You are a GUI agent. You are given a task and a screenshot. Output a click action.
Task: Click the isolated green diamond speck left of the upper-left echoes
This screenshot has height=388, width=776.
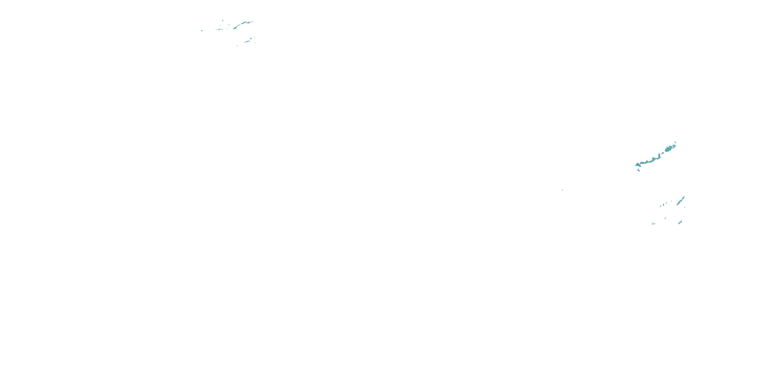click(x=202, y=31)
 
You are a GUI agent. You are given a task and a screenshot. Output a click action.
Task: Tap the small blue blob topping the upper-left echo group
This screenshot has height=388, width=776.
click(x=223, y=20)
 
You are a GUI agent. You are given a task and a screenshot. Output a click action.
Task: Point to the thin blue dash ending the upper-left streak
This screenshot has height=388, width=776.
click(x=251, y=22)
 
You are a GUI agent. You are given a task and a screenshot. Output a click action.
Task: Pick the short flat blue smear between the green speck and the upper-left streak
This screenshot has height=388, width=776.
click(x=219, y=29)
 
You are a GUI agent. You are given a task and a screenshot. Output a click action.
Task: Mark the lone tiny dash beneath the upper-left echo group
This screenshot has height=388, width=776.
click(x=237, y=46)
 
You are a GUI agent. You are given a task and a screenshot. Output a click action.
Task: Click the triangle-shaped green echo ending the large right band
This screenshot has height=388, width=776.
click(x=637, y=165)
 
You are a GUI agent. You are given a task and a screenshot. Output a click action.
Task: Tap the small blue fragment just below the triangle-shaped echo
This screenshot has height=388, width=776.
click(x=639, y=170)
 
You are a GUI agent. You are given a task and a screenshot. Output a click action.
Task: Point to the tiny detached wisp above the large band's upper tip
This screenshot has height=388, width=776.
click(x=675, y=142)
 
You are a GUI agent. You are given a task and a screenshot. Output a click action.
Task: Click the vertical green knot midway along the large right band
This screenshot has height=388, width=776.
click(x=653, y=159)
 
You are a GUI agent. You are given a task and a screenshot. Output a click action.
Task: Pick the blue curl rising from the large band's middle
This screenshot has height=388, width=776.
click(x=659, y=156)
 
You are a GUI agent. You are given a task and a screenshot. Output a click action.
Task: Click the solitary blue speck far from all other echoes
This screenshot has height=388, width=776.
click(x=562, y=190)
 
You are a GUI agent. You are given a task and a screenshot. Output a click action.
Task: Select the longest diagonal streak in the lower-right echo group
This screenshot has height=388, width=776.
click(x=681, y=201)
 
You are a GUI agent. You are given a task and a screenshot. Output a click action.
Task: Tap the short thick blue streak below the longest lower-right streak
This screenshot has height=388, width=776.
click(x=680, y=223)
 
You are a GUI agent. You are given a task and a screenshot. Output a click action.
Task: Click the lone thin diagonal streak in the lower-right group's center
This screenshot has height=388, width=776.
click(x=665, y=218)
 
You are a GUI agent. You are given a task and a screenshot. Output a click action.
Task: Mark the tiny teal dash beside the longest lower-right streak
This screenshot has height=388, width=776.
click(x=685, y=207)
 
